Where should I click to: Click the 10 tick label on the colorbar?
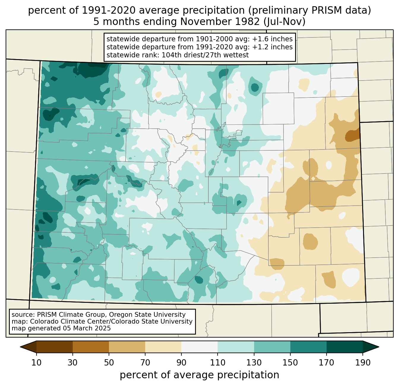tap(37, 363)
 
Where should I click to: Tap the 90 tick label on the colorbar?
tap(181, 363)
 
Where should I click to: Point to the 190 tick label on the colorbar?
tap(362, 363)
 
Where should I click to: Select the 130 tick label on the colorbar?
tap(254, 363)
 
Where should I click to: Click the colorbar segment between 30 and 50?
tap(91, 347)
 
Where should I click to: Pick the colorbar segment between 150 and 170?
tap(308, 347)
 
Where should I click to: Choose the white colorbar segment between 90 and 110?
tap(199, 347)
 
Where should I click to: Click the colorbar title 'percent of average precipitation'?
tap(199, 375)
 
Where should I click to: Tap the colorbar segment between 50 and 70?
tap(127, 347)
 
